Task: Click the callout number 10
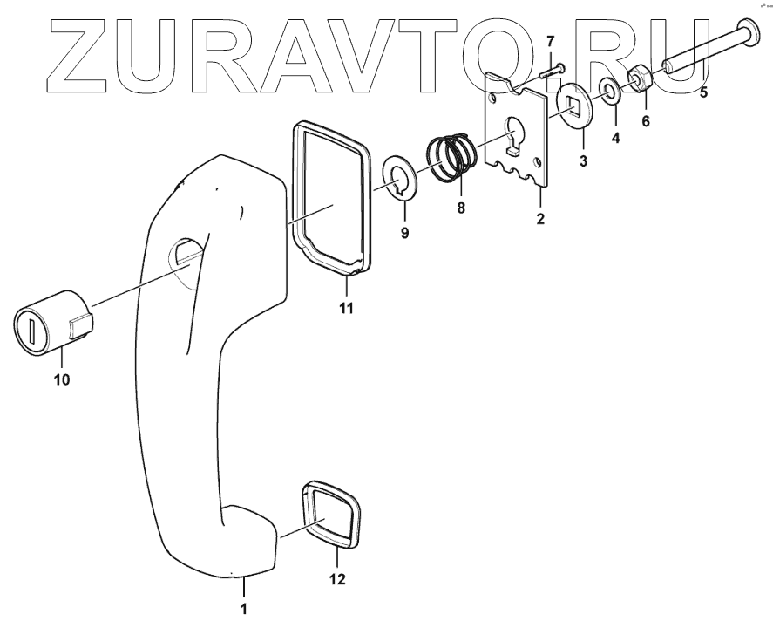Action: click(63, 380)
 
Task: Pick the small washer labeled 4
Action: click(608, 90)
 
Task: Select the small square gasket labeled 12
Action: click(329, 515)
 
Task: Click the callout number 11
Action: click(347, 309)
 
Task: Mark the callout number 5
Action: click(703, 89)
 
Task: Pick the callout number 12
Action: click(336, 578)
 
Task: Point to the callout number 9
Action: click(404, 233)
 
